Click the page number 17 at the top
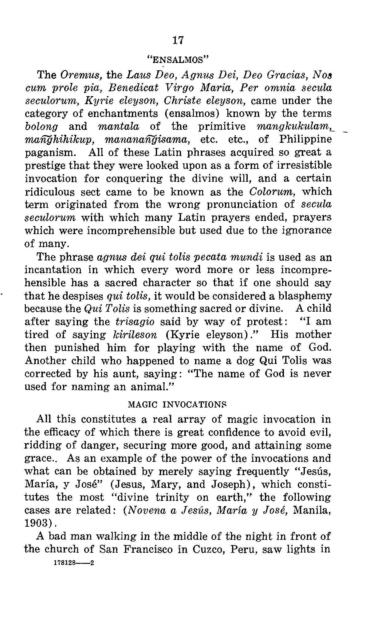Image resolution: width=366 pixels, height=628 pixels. click(x=178, y=40)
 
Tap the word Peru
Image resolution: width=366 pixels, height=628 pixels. click(x=243, y=549)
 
